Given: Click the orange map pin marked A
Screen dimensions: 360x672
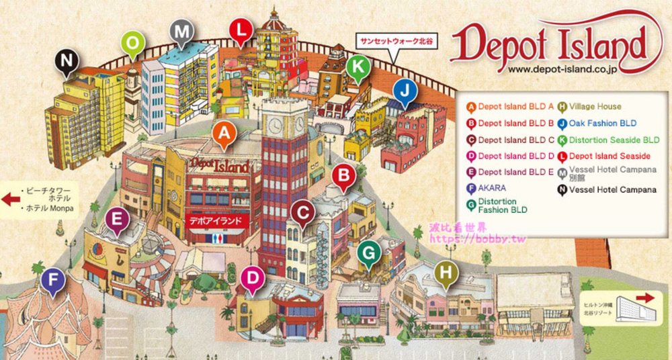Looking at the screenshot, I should point(225,134).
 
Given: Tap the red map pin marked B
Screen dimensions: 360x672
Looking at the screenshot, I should point(344,177).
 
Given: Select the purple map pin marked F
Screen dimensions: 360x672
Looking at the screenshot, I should point(53,281).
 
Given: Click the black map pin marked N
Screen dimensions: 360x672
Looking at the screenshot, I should point(66,61).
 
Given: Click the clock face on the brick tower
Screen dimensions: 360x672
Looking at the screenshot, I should point(276,124).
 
